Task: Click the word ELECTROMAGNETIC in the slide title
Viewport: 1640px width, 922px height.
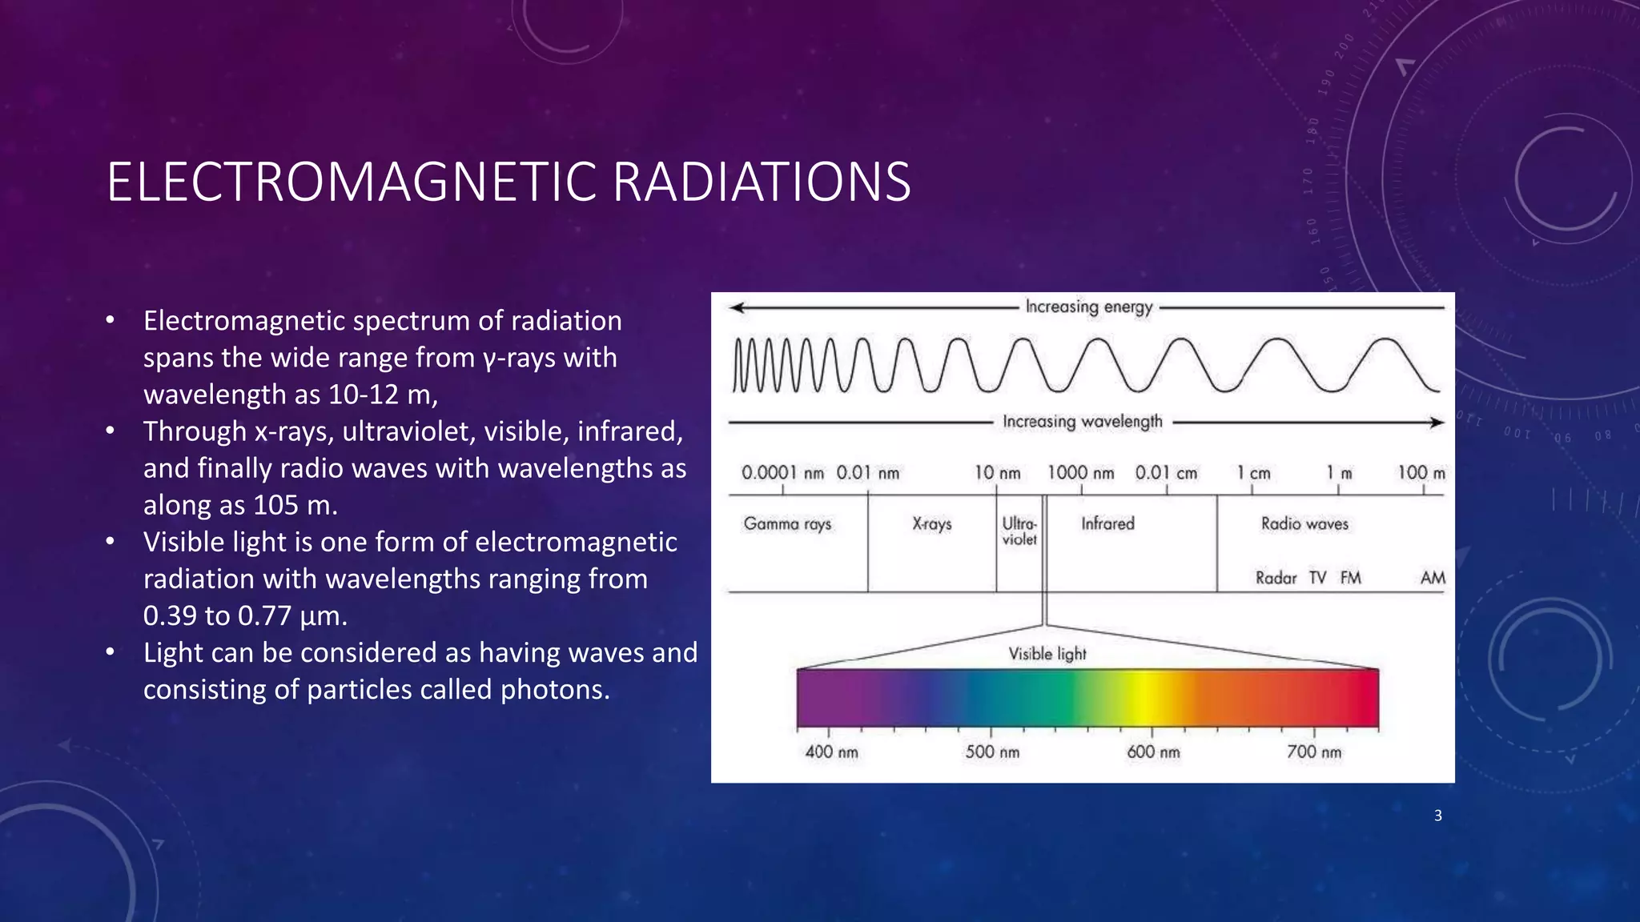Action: coord(352,182)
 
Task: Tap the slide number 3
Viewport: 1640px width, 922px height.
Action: coord(1437,816)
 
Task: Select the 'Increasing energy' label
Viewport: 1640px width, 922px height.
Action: coord(1088,307)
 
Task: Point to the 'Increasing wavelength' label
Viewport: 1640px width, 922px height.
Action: coord(1082,422)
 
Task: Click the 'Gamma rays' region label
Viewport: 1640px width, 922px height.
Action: coord(787,524)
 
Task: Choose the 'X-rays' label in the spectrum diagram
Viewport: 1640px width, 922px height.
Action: coord(932,524)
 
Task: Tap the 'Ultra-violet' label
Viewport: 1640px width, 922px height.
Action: coord(1019,531)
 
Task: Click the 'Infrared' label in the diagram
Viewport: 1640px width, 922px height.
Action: coord(1107,524)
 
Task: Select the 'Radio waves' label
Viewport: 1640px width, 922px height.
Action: coord(1304,524)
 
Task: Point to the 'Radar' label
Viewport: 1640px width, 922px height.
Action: coord(1276,578)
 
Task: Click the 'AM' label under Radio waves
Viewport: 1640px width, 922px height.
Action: coord(1433,578)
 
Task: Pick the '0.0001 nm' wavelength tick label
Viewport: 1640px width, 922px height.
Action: coord(782,473)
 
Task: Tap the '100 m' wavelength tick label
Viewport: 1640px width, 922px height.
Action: coord(1421,473)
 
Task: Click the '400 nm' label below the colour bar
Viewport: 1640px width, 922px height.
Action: coord(831,752)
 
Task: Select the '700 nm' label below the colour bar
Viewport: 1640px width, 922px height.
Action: coord(1313,752)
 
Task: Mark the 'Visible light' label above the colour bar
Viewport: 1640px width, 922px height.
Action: coord(1047,654)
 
